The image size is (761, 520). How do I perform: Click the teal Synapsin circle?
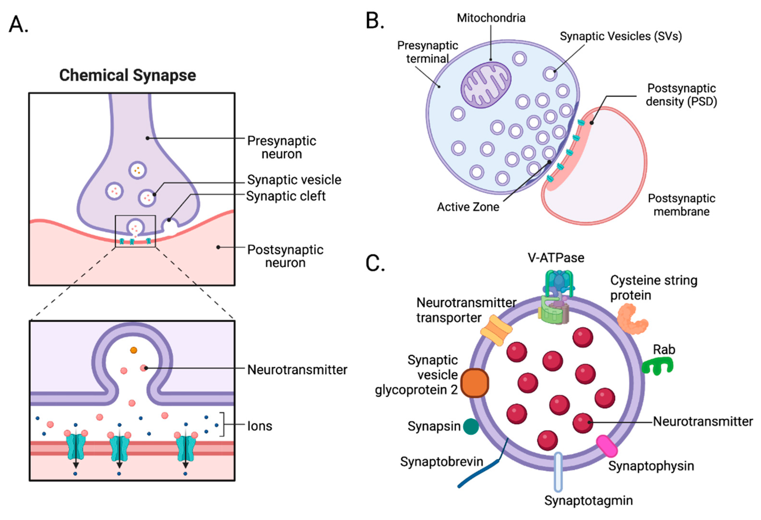471,426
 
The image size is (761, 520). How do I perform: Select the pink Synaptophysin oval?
606,446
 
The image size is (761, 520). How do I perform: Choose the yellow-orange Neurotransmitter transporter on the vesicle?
496,331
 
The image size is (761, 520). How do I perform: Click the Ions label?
260,426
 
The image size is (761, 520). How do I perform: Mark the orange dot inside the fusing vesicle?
133,350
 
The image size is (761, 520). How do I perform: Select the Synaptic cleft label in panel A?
285,196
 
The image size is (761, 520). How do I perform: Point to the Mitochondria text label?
491,18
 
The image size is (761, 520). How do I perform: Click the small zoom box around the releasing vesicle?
135,231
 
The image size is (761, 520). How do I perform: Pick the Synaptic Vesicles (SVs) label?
621,36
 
